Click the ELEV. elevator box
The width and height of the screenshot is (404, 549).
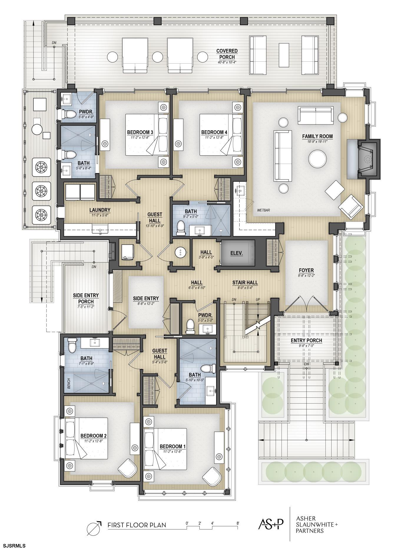tap(238, 253)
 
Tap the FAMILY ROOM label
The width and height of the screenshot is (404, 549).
tap(317, 137)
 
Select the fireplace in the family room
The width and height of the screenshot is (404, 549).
tap(368, 159)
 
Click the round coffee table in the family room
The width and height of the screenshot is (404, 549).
tap(317, 159)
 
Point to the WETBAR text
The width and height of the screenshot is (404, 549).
tap(263, 211)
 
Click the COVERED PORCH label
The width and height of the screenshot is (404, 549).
tap(227, 54)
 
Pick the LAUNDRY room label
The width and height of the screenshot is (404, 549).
tap(100, 210)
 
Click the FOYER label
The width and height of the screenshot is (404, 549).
tap(306, 270)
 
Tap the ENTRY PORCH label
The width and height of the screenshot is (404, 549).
tap(306, 341)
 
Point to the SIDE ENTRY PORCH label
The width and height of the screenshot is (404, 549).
tap(86, 298)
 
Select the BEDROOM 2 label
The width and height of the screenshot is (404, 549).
tap(93, 436)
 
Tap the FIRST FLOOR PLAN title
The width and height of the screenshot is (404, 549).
tap(137, 525)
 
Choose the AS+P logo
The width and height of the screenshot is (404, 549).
tap(271, 524)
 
